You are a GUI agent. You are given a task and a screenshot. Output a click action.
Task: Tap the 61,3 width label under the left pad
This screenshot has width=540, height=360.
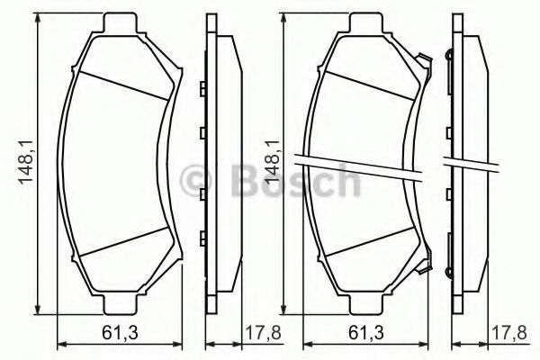coord(114,334)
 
